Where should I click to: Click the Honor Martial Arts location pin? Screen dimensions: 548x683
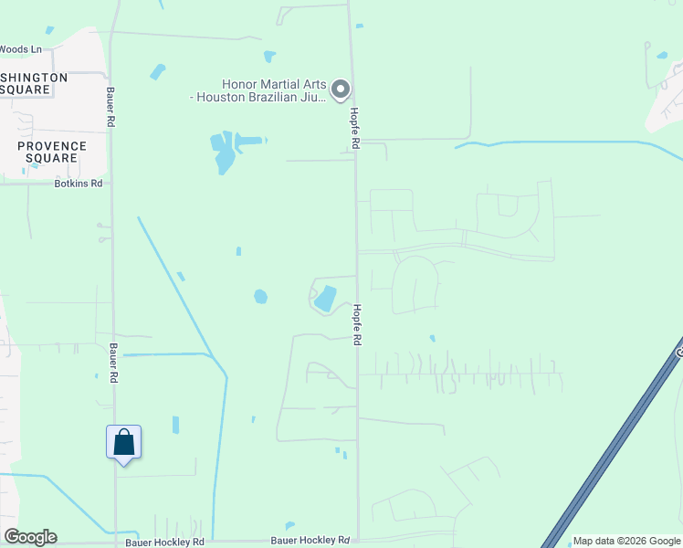[x=341, y=89]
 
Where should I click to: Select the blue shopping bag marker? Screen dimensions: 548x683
[x=123, y=443]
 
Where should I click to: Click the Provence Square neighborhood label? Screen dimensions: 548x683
[x=52, y=152]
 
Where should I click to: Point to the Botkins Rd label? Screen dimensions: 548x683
[x=78, y=184]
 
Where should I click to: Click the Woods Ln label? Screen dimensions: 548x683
[x=20, y=49]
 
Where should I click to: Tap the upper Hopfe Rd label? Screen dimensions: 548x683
[x=354, y=129]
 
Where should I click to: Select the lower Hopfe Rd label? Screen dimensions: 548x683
[x=358, y=324]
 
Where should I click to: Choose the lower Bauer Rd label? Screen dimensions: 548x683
[x=114, y=364]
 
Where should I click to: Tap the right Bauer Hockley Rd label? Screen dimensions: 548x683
[x=317, y=540]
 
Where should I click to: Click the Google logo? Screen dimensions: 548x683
[x=31, y=537]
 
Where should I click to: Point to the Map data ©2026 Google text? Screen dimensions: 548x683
[x=626, y=541]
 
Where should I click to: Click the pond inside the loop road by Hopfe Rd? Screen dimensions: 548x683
[x=324, y=298]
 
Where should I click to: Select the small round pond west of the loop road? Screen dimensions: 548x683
[x=260, y=296]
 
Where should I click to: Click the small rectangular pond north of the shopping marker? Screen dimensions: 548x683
[x=175, y=425]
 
